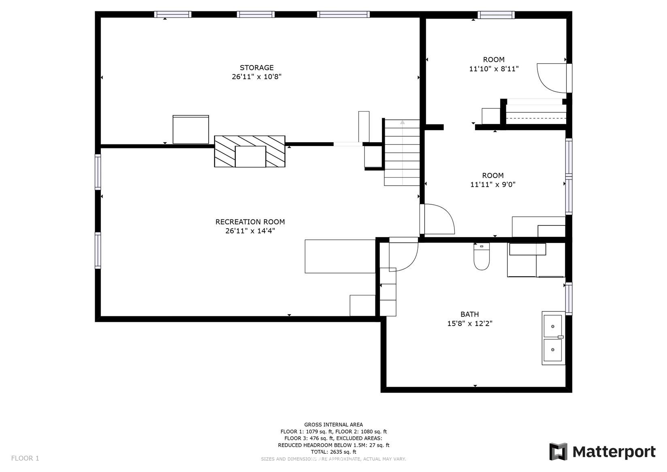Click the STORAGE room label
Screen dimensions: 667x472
[256, 68]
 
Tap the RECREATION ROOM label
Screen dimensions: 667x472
[250, 222]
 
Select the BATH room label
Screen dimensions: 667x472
[470, 314]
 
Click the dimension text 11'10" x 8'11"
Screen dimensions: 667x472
[494, 69]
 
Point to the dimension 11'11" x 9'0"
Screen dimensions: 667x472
[493, 185]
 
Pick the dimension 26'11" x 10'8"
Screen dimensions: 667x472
[256, 77]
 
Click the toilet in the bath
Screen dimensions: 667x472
[482, 256]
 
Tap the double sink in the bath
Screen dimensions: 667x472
[553, 338]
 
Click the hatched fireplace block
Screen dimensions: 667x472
[249, 152]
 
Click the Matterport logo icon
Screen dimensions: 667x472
[558, 451]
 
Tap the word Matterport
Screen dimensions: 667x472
[614, 452]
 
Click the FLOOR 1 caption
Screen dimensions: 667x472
[25, 458]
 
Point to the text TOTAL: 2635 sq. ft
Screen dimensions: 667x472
[334, 452]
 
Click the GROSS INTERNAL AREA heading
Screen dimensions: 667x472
[334, 425]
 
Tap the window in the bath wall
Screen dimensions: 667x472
[569, 299]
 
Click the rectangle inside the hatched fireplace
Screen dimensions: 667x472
[250, 157]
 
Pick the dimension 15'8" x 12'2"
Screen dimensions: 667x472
[470, 324]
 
